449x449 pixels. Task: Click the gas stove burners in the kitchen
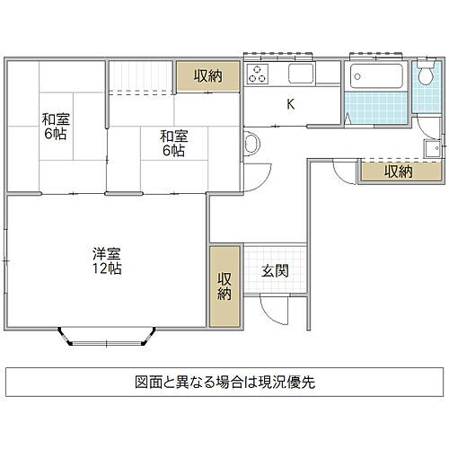pos(257,74)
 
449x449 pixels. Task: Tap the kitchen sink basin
pos(300,74)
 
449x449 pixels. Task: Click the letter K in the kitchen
pos(290,104)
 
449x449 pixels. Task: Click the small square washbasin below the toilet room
pos(432,148)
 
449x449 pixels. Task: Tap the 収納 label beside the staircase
pos(207,76)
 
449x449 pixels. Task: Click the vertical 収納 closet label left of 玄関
pos(224,286)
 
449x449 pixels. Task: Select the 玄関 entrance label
pos(275,270)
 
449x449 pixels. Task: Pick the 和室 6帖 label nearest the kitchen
pos(173,143)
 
